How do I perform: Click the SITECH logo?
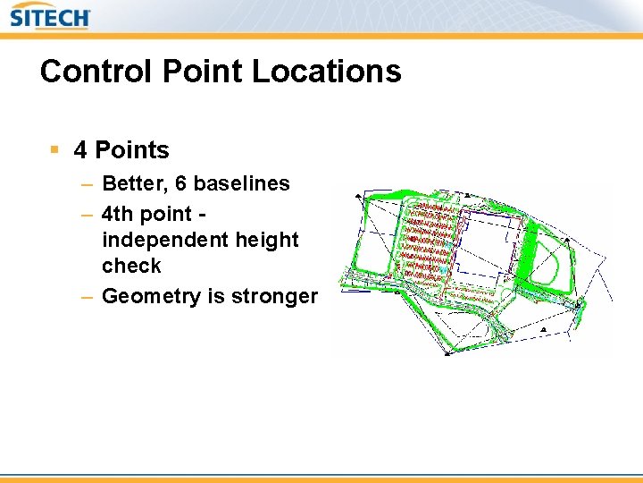(x=50, y=17)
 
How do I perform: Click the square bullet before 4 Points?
(x=55, y=149)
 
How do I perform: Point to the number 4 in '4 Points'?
(x=80, y=150)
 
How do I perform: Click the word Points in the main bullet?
(x=131, y=150)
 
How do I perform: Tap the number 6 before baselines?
(x=181, y=184)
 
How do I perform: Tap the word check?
(x=131, y=266)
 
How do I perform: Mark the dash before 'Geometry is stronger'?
(x=86, y=296)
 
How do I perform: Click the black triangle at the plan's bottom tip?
(x=445, y=351)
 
